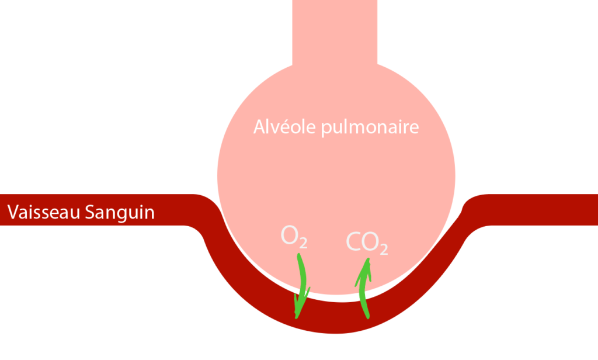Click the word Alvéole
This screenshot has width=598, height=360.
pyautogui.click(x=285, y=127)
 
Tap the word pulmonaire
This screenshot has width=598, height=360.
pyautogui.click(x=370, y=128)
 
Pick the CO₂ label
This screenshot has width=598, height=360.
pyautogui.click(x=367, y=243)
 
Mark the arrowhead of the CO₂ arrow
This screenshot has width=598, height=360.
pyautogui.click(x=366, y=268)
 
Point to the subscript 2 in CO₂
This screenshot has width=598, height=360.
pyautogui.click(x=383, y=248)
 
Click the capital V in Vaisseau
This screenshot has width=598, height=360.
pyautogui.click(x=12, y=212)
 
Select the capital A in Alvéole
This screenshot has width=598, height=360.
pyautogui.click(x=260, y=127)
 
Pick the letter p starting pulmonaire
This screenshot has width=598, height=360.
pyautogui.click(x=326, y=129)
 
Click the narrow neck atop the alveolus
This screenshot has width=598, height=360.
pyautogui.click(x=335, y=32)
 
